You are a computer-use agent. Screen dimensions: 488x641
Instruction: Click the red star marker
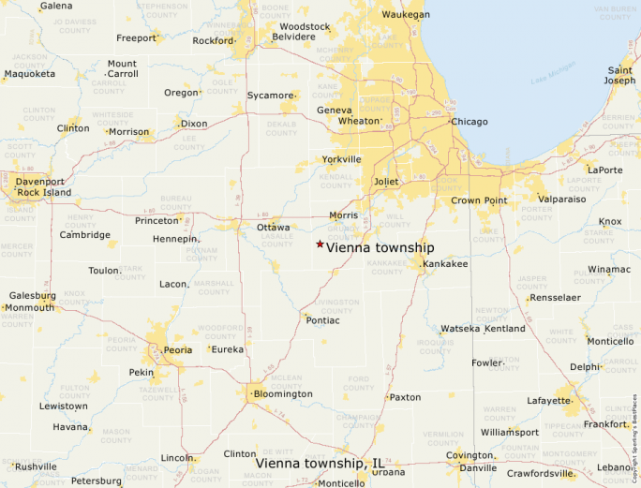click(320, 244)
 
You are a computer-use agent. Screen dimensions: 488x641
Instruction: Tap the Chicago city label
click(470, 122)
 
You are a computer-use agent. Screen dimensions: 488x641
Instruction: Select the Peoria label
click(178, 349)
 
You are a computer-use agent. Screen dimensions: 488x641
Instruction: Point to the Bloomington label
click(283, 394)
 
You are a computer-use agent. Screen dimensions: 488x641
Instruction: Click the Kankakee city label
click(445, 264)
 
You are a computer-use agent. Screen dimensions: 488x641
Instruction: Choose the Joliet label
click(386, 181)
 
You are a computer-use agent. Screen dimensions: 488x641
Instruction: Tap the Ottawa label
click(274, 228)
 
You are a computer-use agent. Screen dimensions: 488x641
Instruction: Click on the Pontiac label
click(322, 320)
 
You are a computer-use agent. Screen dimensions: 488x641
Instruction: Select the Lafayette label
click(548, 401)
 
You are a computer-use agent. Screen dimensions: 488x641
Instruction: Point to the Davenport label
click(40, 181)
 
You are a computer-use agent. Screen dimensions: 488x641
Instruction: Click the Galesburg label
click(33, 295)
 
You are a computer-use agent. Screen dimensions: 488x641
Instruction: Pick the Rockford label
click(212, 41)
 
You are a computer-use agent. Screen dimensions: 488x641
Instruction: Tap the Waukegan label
click(406, 15)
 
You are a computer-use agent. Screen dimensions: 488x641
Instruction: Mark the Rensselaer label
click(555, 298)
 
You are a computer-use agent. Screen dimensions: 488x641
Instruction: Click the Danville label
click(478, 467)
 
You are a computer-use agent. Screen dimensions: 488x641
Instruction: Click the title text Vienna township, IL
click(320, 464)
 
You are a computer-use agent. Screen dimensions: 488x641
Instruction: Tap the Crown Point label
click(479, 200)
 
